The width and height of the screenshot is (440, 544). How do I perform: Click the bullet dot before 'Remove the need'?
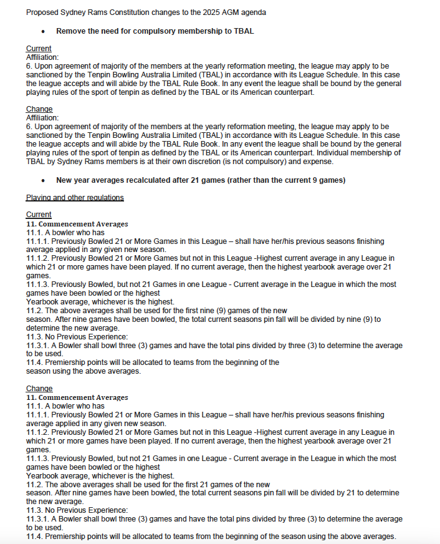click(42, 31)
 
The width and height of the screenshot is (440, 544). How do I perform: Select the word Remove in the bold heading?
click(72, 31)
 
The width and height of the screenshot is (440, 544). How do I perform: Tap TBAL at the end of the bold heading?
click(243, 31)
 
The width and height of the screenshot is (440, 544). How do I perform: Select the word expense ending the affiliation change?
click(318, 162)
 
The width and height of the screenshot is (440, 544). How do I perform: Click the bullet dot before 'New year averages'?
click(42, 180)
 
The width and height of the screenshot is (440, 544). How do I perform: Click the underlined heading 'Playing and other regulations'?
click(75, 198)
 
